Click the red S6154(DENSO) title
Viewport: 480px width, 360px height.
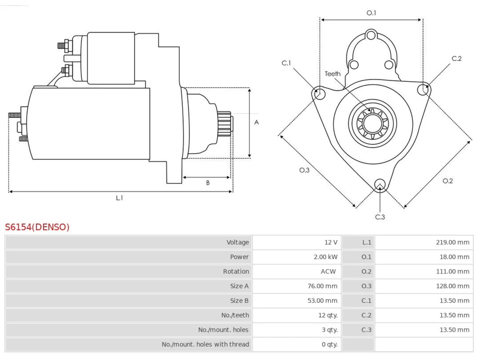point(37,227)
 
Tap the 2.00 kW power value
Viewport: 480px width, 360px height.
point(325,257)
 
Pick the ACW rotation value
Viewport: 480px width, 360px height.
point(328,271)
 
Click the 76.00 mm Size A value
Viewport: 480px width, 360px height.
point(322,286)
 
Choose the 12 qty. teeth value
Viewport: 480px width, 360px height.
point(328,315)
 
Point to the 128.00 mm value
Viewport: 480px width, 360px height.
point(453,286)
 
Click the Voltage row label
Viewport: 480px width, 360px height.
point(237,242)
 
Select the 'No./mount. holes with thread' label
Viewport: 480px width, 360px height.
point(205,344)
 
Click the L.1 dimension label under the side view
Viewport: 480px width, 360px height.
point(119,198)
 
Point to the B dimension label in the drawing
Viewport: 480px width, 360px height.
point(208,183)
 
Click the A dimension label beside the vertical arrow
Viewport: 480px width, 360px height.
point(256,122)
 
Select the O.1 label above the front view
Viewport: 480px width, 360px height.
point(371,13)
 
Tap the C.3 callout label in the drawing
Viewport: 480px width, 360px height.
point(380,217)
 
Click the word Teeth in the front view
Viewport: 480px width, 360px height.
point(332,74)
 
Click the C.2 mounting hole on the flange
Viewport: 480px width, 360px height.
point(423,90)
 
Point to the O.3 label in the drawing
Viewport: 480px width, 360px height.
point(304,170)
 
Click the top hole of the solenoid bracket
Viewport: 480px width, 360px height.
point(371,35)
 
